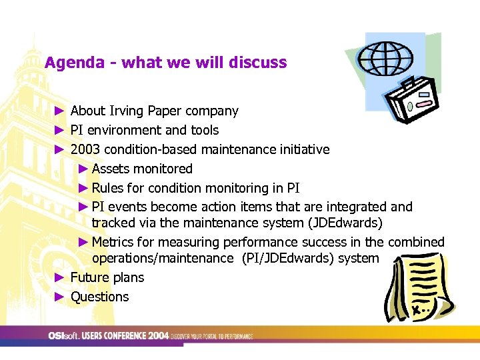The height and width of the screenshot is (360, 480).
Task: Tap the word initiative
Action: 301,149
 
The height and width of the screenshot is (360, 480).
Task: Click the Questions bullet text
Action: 99,297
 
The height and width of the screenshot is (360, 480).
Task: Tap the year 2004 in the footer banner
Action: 159,335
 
